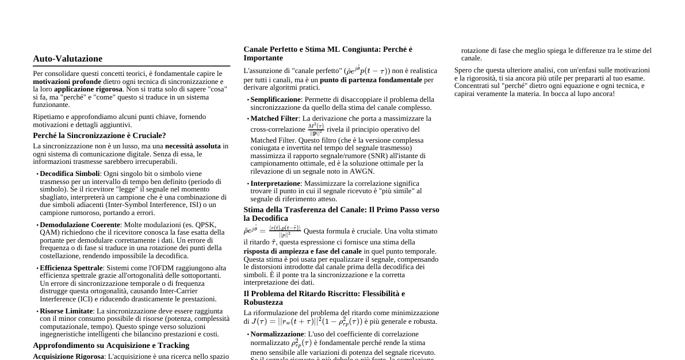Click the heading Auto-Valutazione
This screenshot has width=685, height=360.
pos(67,59)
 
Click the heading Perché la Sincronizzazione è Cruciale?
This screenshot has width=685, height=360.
pos(99,136)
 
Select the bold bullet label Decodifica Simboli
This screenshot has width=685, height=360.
pos(70,174)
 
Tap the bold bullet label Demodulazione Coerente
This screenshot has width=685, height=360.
pos(79,225)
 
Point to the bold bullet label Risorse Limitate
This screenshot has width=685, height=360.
pos(66,311)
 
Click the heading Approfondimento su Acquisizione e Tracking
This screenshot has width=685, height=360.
pos(111,346)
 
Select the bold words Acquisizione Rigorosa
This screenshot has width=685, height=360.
pos(68,357)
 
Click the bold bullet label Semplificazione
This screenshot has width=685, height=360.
pos(275,99)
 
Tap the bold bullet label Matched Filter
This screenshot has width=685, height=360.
pos(274,118)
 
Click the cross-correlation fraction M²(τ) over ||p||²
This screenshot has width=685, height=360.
pos(316,129)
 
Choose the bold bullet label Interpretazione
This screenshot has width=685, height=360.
pos(275,183)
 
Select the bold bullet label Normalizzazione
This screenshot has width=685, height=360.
pos(277,334)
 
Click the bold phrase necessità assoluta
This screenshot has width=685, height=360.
pos(193,146)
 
